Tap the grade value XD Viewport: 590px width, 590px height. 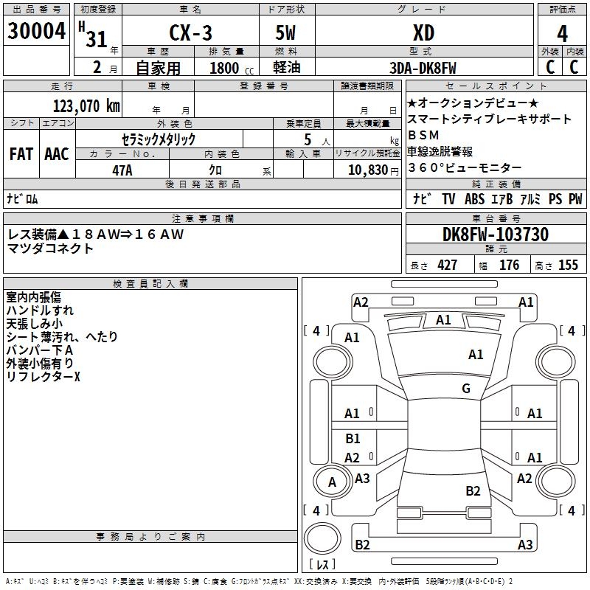tap(423, 33)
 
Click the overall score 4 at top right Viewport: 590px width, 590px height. tap(562, 34)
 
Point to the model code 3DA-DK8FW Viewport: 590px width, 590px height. tap(423, 68)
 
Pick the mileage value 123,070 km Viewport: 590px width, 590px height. tap(86, 105)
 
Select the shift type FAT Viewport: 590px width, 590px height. tap(21, 154)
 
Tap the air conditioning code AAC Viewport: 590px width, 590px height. tap(56, 154)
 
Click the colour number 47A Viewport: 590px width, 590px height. tap(122, 170)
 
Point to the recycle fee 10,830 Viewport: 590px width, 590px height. tap(366, 170)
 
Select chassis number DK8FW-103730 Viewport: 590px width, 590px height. tap(496, 235)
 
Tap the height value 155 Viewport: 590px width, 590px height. tap(568, 265)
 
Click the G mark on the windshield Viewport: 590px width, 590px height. tap(466, 388)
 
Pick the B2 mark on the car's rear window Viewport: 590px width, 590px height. tap(473, 490)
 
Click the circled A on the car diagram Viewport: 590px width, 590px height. tap(332, 482)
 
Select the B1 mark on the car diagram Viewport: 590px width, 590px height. tap(353, 439)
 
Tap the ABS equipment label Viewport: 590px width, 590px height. tap(474, 198)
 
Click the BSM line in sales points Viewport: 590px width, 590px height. tap(423, 135)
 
